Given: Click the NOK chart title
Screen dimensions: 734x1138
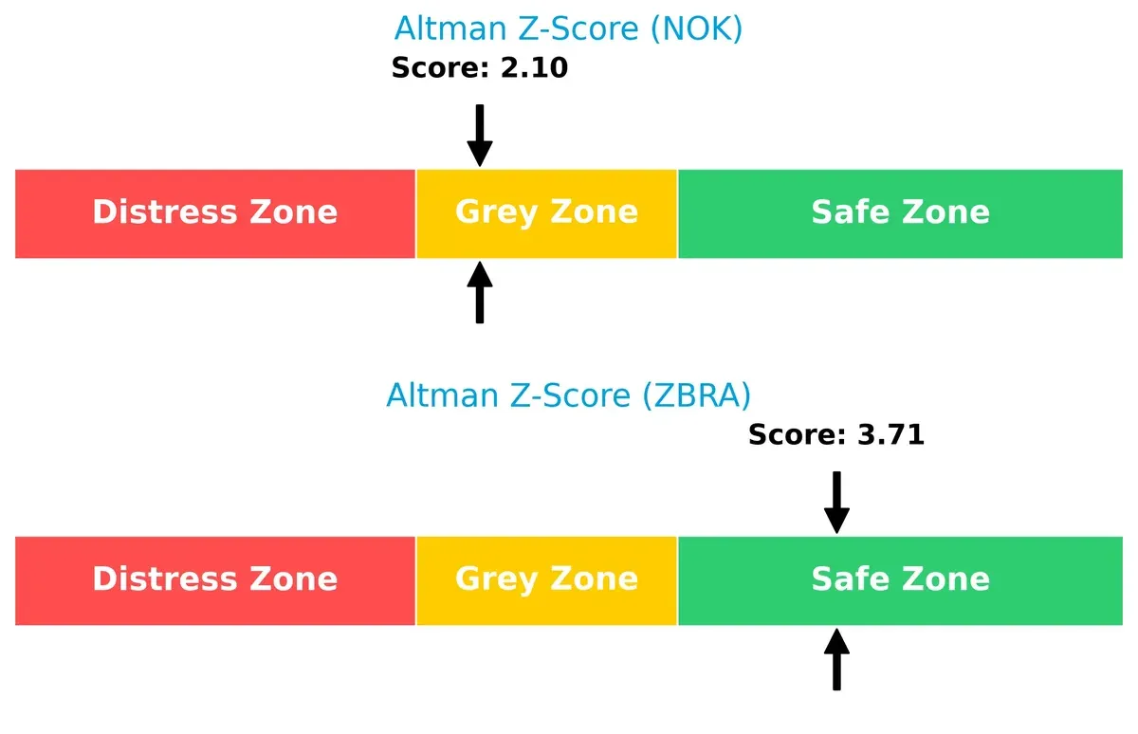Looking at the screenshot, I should coord(568,29).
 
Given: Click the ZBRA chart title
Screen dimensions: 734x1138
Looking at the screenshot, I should coord(568,395).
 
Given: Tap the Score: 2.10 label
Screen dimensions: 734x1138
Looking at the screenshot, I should coord(479,68).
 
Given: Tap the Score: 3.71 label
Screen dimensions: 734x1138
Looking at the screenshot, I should coord(835,435).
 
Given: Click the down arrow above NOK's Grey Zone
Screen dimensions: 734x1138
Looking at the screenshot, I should coord(480,135).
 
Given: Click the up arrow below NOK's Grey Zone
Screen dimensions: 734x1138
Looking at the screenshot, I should coord(480,293).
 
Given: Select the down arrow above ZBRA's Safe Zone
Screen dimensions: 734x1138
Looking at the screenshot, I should coord(836,502).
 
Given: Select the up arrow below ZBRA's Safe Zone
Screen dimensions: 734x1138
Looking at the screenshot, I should coord(836,660).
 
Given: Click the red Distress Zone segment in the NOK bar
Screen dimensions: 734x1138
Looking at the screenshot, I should coord(215,213).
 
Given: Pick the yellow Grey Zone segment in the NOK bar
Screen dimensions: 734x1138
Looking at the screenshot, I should coord(546,213).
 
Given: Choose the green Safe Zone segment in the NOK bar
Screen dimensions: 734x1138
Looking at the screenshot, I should coord(900,213).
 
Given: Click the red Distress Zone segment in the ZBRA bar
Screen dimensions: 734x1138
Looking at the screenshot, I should coord(215,580).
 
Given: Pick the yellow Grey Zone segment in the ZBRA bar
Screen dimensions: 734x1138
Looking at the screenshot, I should coord(546,580).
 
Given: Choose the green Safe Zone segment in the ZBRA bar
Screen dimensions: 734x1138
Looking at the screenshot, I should coord(900,580).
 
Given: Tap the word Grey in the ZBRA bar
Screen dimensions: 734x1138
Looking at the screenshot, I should coord(496,579).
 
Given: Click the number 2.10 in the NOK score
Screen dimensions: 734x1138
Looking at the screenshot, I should coord(534,68).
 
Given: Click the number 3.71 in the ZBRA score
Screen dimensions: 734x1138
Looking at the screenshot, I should coord(890,435).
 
